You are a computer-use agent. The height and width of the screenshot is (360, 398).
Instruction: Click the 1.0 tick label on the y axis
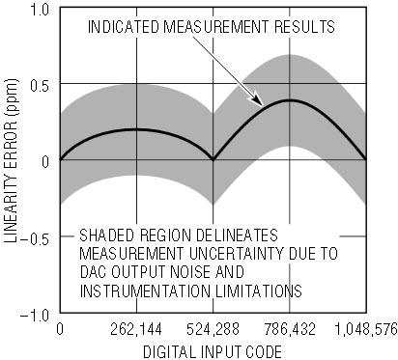click(x=39, y=11)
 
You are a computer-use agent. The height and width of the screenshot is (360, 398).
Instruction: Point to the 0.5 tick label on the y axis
click(x=40, y=86)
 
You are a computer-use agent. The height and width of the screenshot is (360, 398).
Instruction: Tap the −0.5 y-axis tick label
click(x=35, y=238)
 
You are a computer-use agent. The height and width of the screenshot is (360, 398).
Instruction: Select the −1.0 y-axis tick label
click(x=35, y=316)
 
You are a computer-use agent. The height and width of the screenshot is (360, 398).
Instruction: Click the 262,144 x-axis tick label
click(x=136, y=330)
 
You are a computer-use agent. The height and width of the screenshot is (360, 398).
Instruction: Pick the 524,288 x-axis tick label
click(x=213, y=330)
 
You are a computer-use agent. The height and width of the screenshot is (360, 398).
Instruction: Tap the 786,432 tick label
click(x=290, y=330)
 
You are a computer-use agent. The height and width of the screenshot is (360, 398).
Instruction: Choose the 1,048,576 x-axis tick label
click(x=365, y=330)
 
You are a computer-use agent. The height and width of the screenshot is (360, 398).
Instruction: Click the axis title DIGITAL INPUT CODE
click(x=213, y=351)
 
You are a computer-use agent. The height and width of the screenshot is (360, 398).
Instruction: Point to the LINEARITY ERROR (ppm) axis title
click(x=11, y=160)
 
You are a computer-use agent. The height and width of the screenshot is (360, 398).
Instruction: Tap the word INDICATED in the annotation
click(x=124, y=27)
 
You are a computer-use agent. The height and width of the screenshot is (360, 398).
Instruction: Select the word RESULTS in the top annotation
click(x=304, y=27)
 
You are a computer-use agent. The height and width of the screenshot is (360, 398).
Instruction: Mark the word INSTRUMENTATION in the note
click(x=145, y=291)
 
